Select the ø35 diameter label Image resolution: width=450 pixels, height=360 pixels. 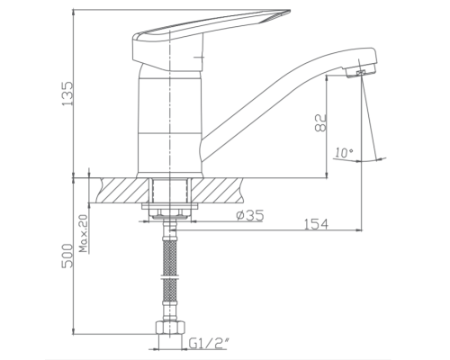(248, 217)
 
